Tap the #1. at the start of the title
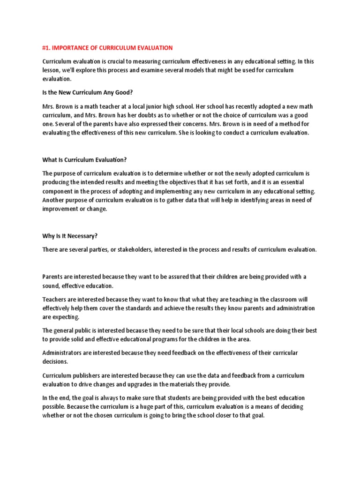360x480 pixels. click(x=47, y=48)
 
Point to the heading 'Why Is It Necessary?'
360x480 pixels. click(x=70, y=236)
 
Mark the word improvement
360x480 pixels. click(x=61, y=209)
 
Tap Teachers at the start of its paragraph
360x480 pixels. click(x=54, y=299)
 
